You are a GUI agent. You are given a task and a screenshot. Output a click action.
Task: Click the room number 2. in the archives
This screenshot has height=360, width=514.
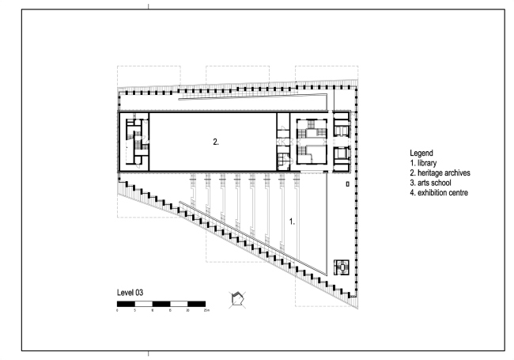coord(216,142)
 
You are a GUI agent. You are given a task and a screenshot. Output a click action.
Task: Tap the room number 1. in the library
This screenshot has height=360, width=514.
coord(293,222)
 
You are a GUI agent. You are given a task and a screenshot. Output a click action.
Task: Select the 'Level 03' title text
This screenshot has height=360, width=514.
coord(130,293)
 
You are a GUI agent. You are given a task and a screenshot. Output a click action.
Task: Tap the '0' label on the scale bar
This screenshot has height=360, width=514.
coord(117,310)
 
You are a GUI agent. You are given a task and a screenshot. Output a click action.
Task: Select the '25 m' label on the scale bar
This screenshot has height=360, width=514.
coord(206,310)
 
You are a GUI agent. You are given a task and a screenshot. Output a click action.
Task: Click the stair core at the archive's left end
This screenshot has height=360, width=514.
coord(134,142)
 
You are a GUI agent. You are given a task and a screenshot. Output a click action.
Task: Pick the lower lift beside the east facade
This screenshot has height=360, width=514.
coord(342,155)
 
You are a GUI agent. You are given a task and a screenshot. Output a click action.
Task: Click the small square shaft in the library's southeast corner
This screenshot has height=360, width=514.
coord(342,267)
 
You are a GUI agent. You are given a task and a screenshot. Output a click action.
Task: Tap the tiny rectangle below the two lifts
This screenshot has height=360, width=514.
coord(348,184)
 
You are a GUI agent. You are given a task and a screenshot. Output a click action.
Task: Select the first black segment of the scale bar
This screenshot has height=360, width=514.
coord(126,304)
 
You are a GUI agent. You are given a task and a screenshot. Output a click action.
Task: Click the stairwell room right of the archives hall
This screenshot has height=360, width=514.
coord(311,141)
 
